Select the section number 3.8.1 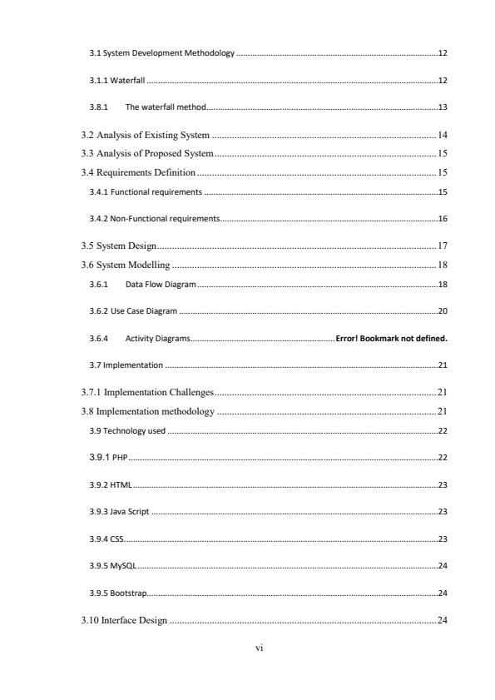[99, 107]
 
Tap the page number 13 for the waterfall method [443, 107]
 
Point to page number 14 [443, 135]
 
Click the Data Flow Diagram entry [161, 285]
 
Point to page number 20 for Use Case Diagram [443, 311]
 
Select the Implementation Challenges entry [147, 392]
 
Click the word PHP [118, 458]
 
